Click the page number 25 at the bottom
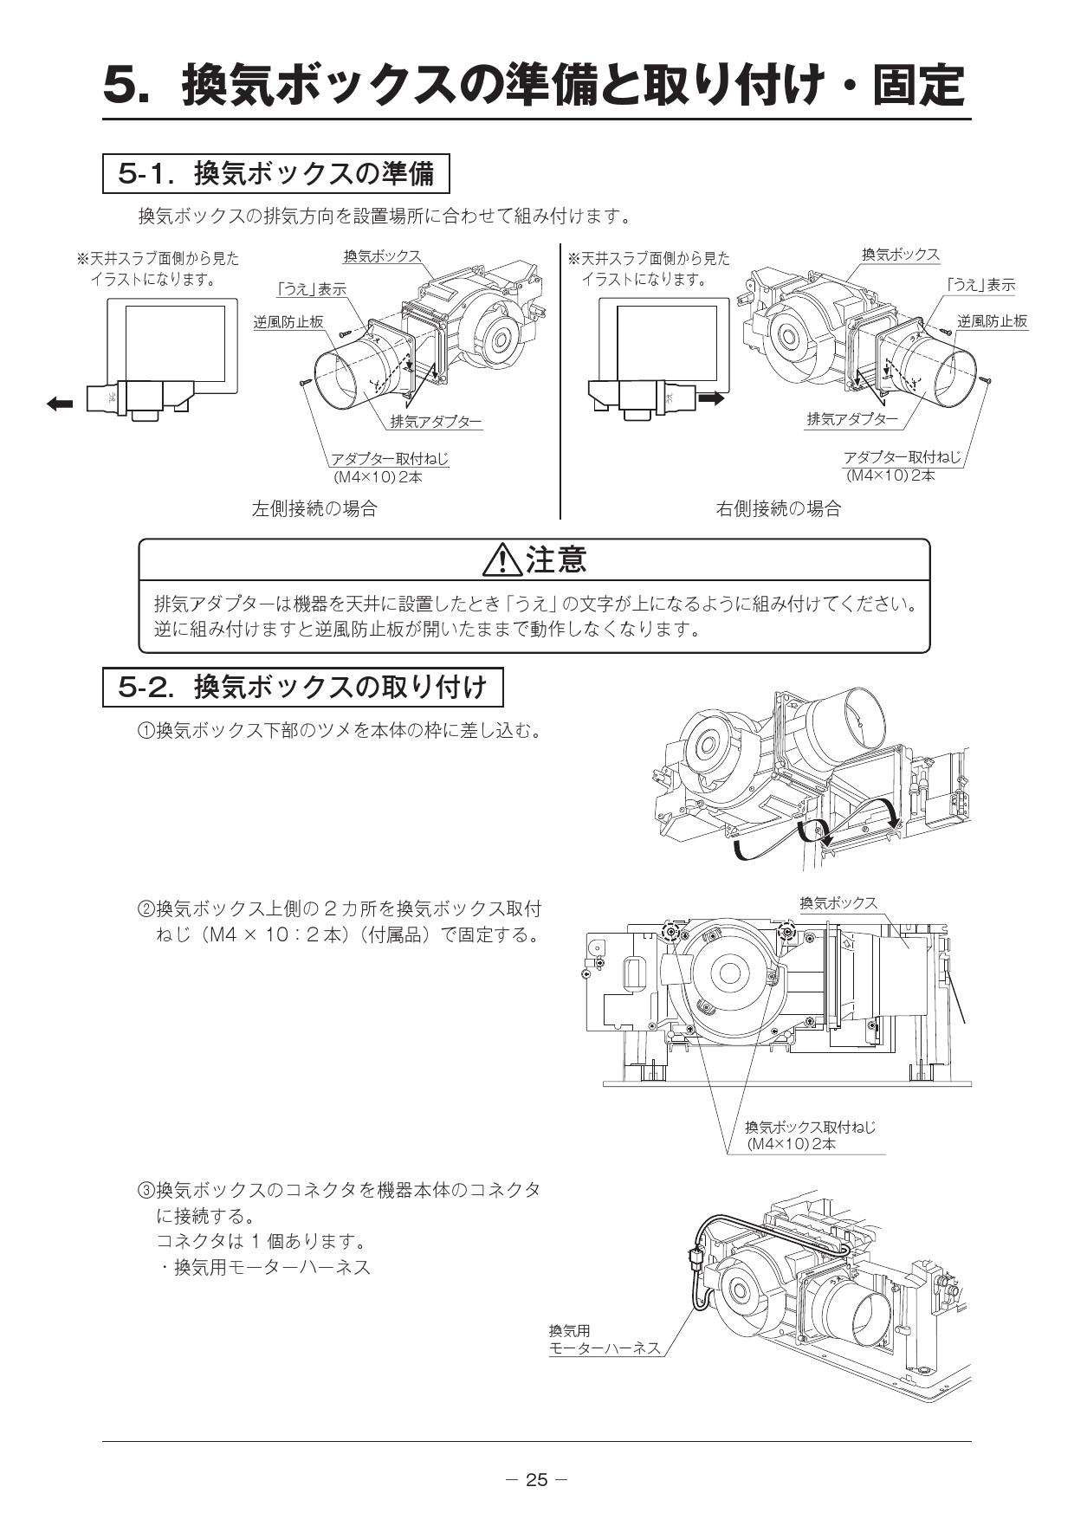(537, 1479)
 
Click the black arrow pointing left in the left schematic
(60, 403)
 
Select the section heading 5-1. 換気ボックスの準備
(277, 174)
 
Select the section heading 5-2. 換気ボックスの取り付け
(302, 688)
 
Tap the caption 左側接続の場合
(314, 508)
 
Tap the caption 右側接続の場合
(778, 508)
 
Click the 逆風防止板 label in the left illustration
(288, 321)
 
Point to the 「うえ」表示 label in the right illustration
(980, 285)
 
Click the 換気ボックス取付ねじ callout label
(811, 1127)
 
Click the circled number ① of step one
(146, 732)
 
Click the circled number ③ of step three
(146, 1191)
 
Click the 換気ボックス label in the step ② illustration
(838, 902)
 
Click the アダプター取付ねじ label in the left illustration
(390, 459)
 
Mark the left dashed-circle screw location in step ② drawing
(670, 931)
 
